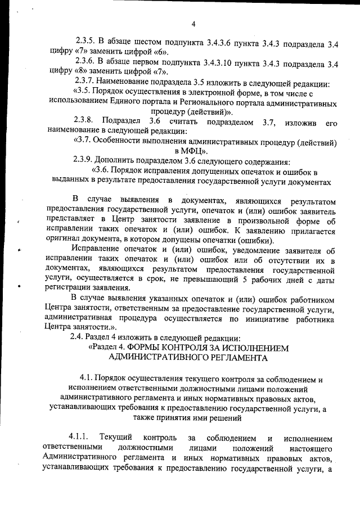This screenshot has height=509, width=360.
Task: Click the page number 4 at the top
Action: point(193,24)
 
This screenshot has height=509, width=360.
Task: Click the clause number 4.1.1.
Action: point(79,438)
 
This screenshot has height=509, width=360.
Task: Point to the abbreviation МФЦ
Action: point(193,151)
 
